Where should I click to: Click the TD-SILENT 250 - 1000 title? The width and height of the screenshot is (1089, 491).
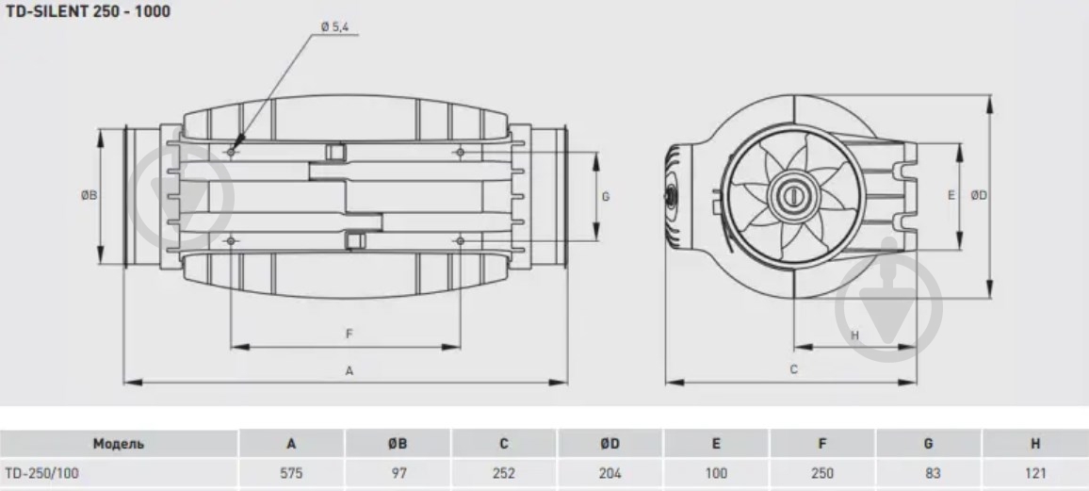tap(88, 11)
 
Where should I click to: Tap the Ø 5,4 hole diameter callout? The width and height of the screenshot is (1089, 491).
tap(334, 27)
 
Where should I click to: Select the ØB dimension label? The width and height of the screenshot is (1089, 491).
tap(89, 196)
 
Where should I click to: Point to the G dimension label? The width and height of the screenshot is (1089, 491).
tap(606, 197)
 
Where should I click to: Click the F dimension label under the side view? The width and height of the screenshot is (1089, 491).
tap(349, 334)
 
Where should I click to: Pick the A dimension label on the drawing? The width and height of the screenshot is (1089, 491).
tap(349, 371)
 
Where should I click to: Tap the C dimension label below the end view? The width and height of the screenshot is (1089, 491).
tap(794, 369)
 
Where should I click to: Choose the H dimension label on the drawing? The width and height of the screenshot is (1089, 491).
tap(855, 336)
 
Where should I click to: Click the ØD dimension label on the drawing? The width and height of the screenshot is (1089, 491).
tap(979, 196)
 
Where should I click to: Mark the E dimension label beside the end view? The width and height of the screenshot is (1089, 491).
tap(951, 196)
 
